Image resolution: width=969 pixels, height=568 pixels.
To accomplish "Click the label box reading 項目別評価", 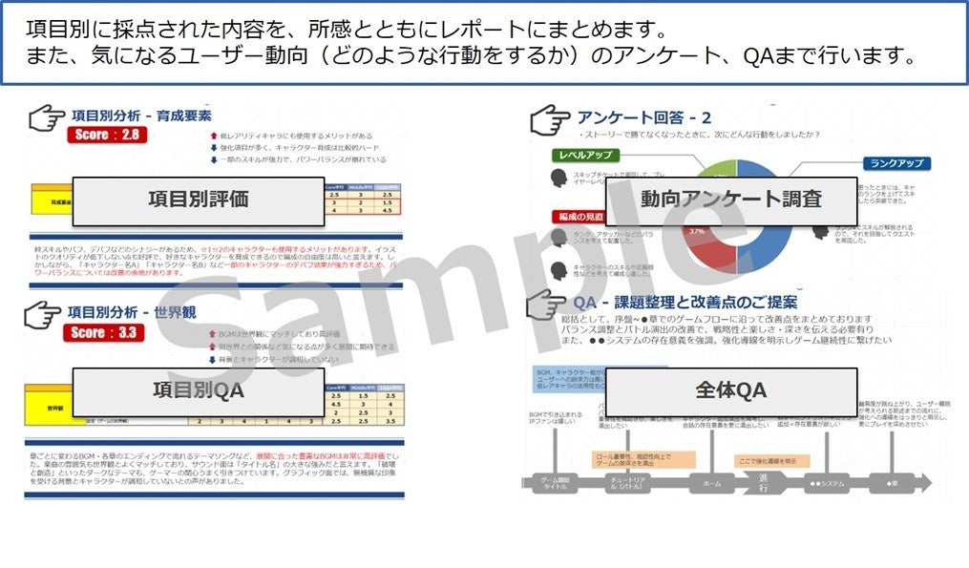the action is click(x=199, y=200).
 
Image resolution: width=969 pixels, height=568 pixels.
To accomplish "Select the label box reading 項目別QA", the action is click(x=199, y=389).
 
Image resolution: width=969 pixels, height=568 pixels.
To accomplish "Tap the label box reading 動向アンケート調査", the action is click(x=732, y=199).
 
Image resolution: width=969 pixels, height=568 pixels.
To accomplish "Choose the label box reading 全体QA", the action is click(x=731, y=389).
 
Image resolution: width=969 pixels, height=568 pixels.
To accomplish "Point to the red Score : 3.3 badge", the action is click(x=107, y=332).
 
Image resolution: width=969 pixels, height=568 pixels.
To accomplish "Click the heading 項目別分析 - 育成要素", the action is click(x=141, y=116).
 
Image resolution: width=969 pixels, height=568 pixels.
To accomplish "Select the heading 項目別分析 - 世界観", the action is click(x=134, y=312).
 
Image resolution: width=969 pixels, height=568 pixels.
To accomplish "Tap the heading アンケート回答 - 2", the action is click(x=644, y=118).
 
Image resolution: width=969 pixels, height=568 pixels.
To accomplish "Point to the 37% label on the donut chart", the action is click(x=697, y=231).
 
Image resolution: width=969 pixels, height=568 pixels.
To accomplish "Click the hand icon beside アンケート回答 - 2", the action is click(x=551, y=120).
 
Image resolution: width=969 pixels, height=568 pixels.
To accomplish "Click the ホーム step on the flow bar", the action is click(x=712, y=483).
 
